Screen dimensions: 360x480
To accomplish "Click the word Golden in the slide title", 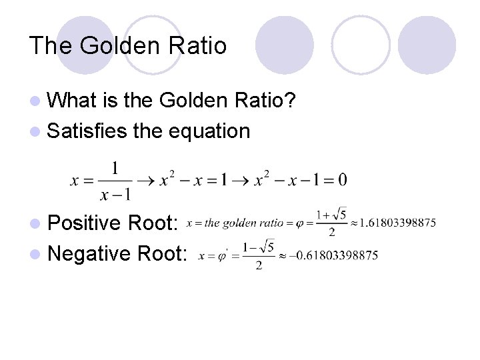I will pos(118,45).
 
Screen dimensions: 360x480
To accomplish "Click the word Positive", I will pos(89,222).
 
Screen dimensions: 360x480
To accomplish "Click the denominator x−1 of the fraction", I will pos(115,194).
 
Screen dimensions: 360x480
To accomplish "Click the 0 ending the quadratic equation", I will pos(342,180).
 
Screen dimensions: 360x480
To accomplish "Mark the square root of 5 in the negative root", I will pos(266,247).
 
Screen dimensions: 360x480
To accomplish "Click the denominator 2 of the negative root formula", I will pos(259,265).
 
